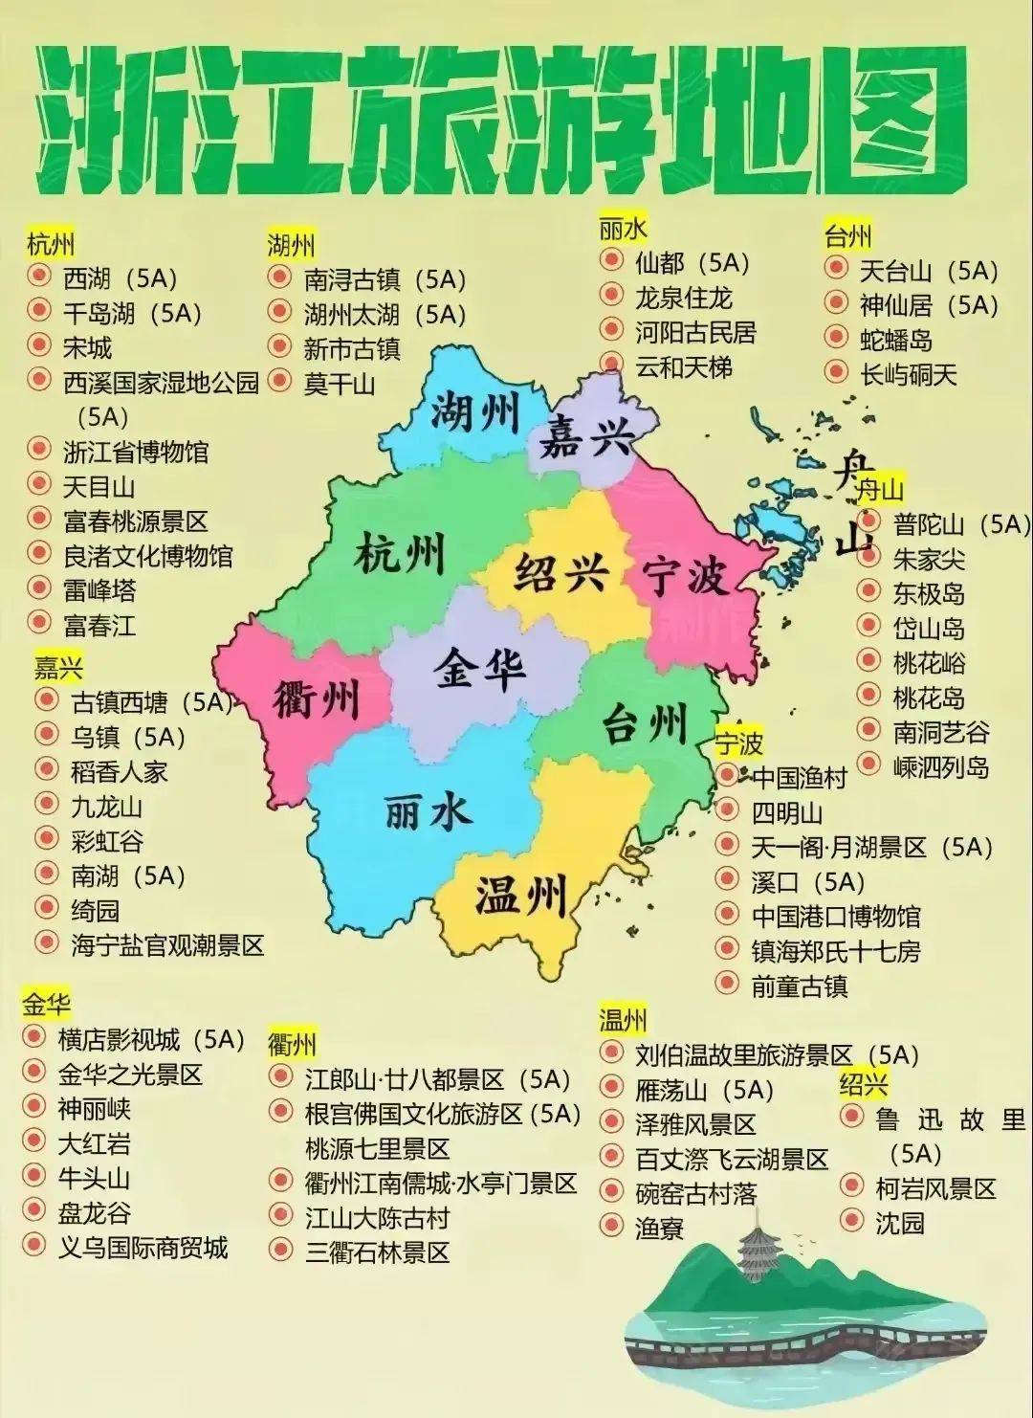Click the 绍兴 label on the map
pyautogui.click(x=561, y=573)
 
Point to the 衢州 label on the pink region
pyautogui.click(x=316, y=699)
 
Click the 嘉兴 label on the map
pyautogui.click(x=586, y=439)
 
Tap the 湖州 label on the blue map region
pyautogui.click(x=474, y=412)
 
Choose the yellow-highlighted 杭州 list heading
pyautogui.click(x=51, y=244)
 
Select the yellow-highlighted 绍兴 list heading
pyautogui.click(x=864, y=1084)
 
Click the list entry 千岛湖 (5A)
pyautogui.click(x=132, y=313)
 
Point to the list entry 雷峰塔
pyautogui.click(x=99, y=589)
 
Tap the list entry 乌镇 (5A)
pyautogui.click(x=127, y=737)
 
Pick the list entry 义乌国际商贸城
pyautogui.click(x=143, y=1247)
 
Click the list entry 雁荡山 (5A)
pyautogui.click(x=704, y=1090)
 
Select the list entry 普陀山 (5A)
pyautogui.click(x=960, y=523)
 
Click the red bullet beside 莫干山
pyautogui.click(x=279, y=382)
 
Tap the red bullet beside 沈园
pyautogui.click(x=851, y=1221)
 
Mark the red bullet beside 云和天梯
pyautogui.click(x=611, y=365)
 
